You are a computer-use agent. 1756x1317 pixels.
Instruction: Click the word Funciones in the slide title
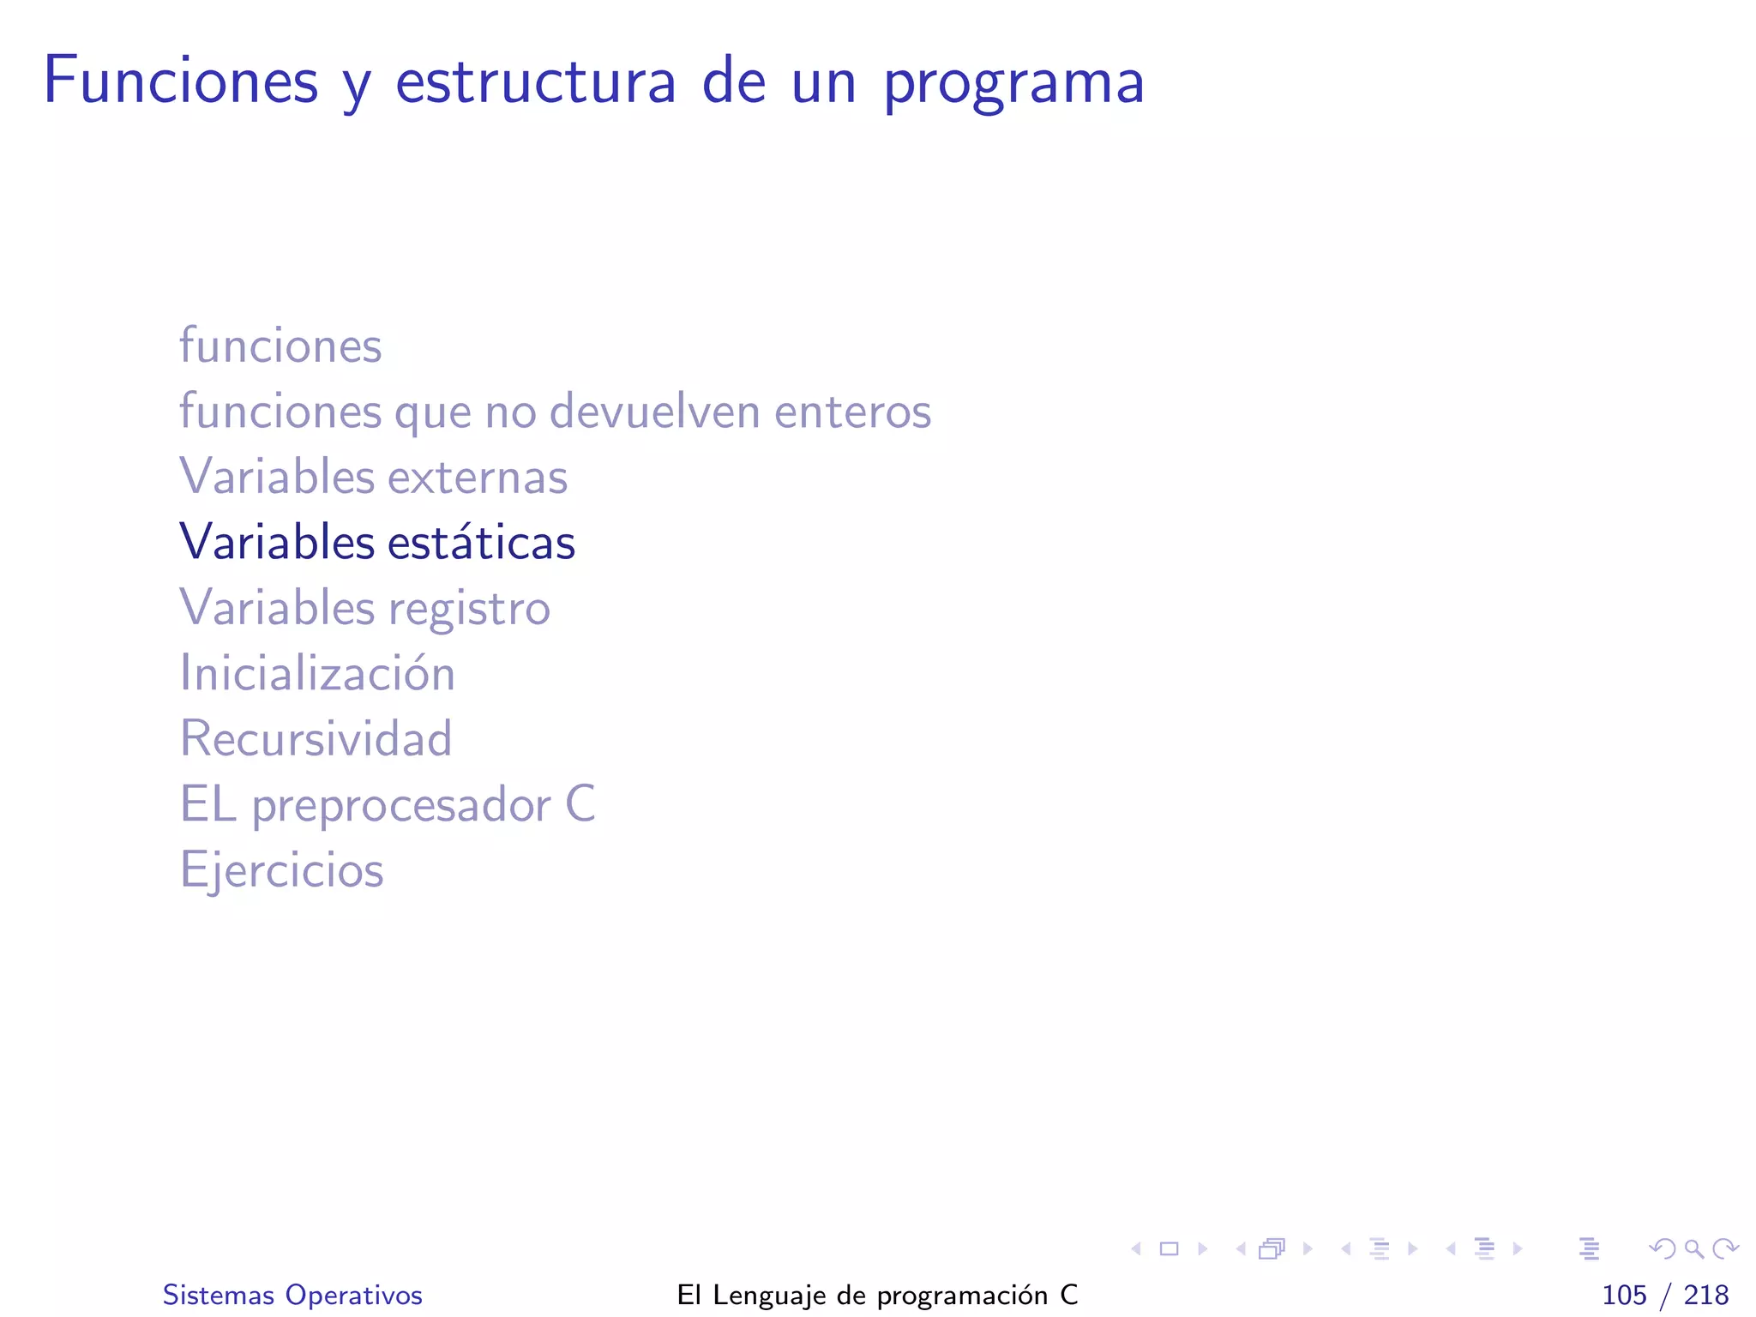pos(181,81)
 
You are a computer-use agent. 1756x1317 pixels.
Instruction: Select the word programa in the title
pos(1013,84)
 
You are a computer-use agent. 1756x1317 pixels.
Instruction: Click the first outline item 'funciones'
pos(280,346)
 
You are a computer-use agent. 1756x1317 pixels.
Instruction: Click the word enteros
pos(852,412)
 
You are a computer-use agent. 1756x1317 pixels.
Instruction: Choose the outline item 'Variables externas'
pos(374,476)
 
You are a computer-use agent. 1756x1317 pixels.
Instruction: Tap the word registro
pos(469,610)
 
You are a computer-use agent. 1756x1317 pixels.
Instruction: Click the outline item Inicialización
pos(317,672)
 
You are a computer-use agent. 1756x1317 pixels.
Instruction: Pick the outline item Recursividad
pos(316,738)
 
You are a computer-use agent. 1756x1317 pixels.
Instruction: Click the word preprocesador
pos(401,806)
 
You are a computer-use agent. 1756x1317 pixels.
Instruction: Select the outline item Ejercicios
pos(281,869)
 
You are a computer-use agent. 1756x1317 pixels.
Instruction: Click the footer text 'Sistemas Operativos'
pos(292,1295)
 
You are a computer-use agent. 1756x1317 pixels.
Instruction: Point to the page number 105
pos(1624,1295)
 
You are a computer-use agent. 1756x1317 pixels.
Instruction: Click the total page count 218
pos(1705,1295)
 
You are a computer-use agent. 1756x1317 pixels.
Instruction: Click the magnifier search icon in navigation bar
pos(1694,1248)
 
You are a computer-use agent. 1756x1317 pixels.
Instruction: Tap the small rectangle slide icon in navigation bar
pos(1169,1248)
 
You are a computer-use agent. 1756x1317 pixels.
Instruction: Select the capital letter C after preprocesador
pos(580,804)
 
